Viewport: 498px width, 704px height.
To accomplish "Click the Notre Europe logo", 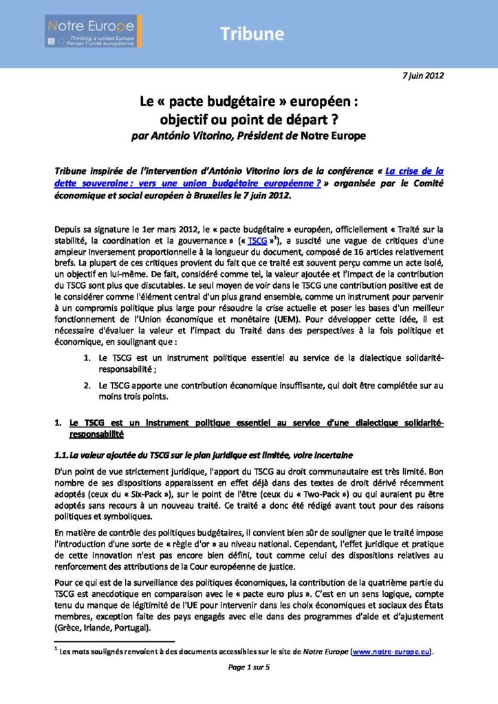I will point(94,32).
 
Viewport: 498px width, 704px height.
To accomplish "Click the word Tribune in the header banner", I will point(252,34).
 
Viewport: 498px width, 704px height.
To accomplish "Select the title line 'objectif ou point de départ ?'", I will point(248,118).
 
